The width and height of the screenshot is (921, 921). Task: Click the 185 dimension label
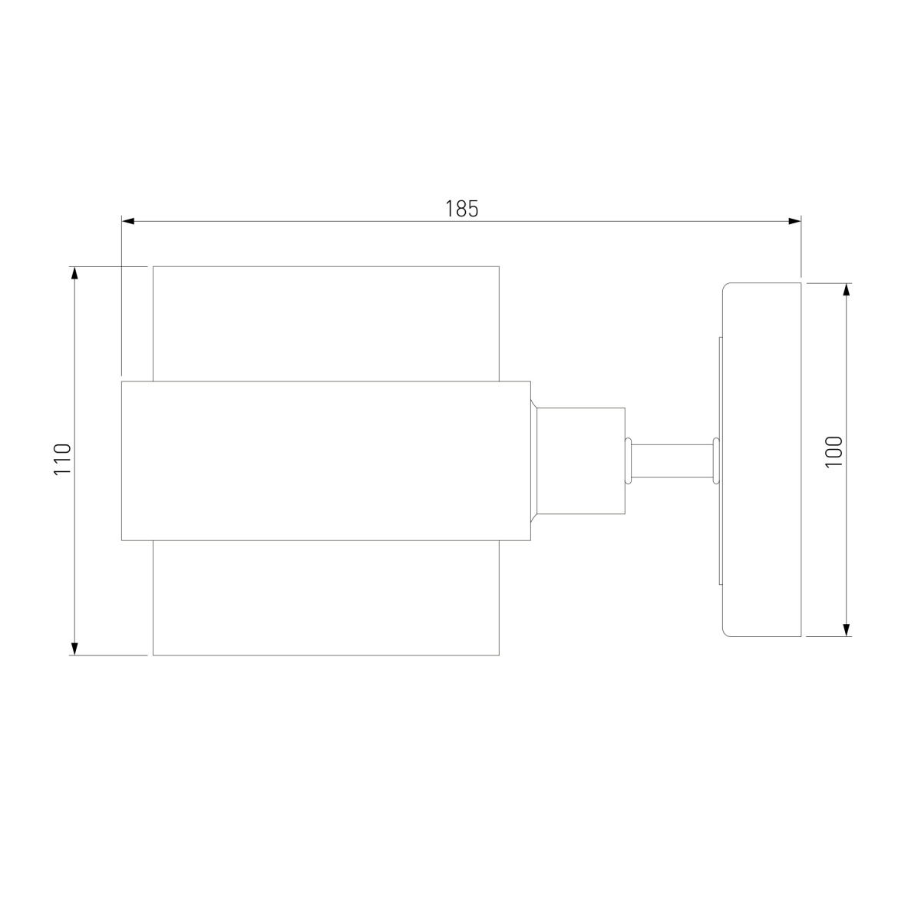(x=461, y=209)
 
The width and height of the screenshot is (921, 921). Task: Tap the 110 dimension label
(x=63, y=459)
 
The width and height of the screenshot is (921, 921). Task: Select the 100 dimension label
(x=834, y=451)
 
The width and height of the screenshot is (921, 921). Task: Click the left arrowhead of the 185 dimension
(x=127, y=221)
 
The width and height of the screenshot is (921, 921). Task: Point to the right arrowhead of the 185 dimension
(x=795, y=221)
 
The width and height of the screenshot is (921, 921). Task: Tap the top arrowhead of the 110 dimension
(x=74, y=273)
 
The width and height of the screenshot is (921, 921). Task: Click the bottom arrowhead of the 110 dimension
(x=74, y=649)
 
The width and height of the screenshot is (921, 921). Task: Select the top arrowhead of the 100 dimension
(x=847, y=289)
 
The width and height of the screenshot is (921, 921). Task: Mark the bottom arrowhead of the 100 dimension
(x=847, y=630)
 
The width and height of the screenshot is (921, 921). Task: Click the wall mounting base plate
(x=762, y=460)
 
